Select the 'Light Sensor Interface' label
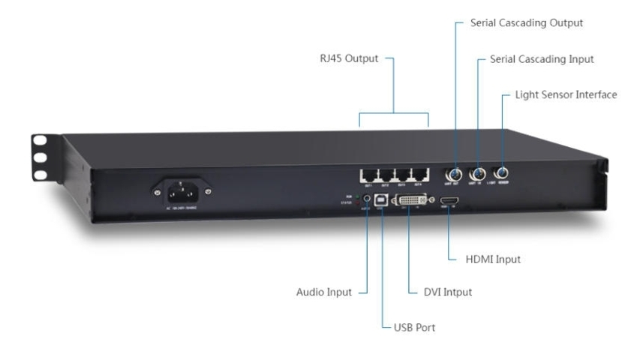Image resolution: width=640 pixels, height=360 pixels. coord(566,96)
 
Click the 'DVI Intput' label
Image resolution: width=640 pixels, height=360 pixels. coord(447,291)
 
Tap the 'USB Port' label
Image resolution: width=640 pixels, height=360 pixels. coord(416,327)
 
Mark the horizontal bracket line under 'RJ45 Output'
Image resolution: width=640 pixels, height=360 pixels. coord(394,113)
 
